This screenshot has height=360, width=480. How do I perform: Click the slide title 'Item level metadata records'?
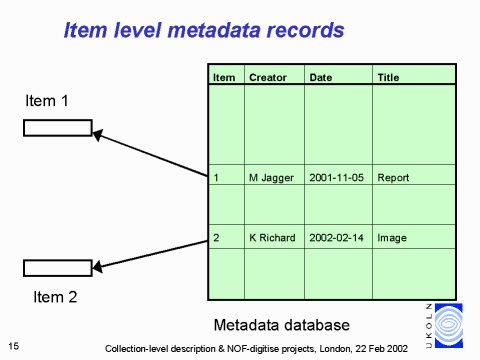204,30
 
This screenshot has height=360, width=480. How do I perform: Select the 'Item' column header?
224,77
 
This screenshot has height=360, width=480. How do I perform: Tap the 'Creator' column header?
267,77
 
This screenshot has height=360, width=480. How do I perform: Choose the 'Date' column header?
321,77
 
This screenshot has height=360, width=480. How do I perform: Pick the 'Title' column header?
388,77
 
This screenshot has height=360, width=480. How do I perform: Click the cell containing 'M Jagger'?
271,178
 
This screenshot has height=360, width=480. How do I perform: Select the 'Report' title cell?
393,178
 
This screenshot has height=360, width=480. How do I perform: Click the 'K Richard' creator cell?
272,238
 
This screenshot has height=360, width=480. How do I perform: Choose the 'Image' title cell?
392,238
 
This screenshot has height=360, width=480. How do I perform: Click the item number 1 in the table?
217,178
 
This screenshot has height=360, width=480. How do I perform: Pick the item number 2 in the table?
217,238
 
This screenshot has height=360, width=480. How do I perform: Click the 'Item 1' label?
47,101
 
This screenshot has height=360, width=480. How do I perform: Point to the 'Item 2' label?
56,296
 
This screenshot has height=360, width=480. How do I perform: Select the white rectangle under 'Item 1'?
57,127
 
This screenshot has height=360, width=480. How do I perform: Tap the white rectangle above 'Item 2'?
57,267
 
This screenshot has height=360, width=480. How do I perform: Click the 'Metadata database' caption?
282,325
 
